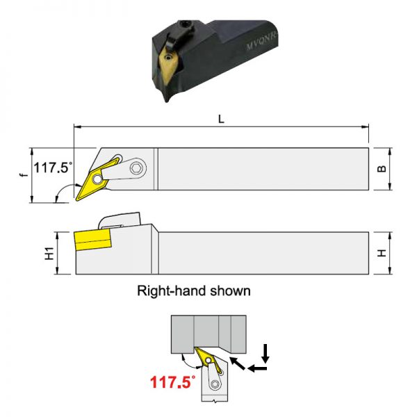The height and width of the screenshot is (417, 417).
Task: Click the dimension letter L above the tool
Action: (x=221, y=120)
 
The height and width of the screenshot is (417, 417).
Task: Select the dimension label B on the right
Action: (x=382, y=169)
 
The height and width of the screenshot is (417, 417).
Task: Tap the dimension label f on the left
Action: (x=24, y=174)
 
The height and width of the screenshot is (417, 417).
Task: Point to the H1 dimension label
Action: (x=49, y=253)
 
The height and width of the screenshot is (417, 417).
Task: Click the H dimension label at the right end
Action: (x=382, y=253)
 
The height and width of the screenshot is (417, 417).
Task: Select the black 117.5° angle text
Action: (x=53, y=167)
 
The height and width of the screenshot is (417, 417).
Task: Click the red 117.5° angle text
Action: (x=172, y=382)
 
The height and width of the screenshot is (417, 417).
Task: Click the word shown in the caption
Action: (x=230, y=291)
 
